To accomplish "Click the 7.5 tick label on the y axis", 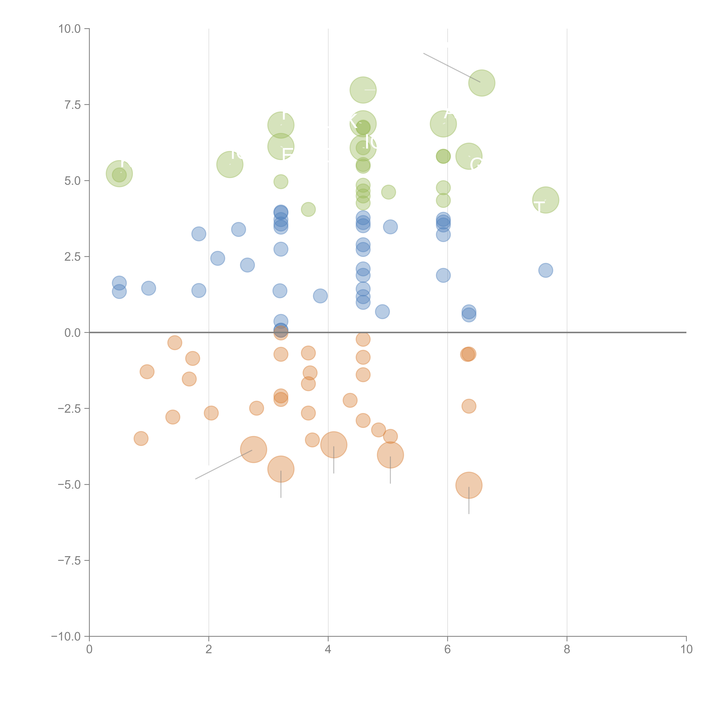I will click(x=73, y=105).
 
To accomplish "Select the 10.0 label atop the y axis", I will click(x=70, y=29).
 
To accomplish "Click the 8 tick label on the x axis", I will click(x=567, y=650).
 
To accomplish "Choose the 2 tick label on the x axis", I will click(x=209, y=650).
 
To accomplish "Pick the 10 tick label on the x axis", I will click(x=686, y=650).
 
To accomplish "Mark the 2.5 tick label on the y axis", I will click(x=73, y=257).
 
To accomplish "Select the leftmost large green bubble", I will click(x=119, y=174).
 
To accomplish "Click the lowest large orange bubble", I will click(x=469, y=485).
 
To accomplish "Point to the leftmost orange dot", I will click(x=141, y=439).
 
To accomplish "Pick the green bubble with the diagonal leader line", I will click(x=481, y=83).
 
